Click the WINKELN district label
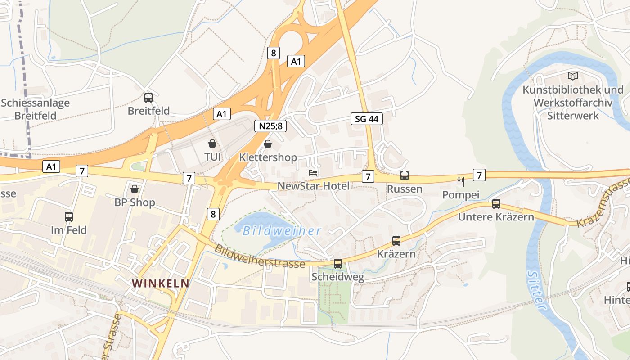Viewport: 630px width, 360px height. click(x=160, y=283)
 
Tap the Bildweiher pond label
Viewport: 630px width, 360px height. click(x=282, y=231)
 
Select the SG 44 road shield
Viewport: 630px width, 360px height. click(x=367, y=119)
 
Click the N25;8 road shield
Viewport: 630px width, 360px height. click(x=270, y=126)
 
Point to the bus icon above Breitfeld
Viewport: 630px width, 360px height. click(x=148, y=97)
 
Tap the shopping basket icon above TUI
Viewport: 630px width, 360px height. click(x=212, y=144)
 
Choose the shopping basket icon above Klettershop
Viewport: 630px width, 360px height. click(x=268, y=144)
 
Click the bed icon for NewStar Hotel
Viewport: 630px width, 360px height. click(x=313, y=173)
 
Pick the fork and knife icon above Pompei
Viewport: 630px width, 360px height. click(x=460, y=182)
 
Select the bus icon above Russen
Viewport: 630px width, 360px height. click(x=405, y=175)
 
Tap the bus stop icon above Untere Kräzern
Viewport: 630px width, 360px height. click(x=496, y=204)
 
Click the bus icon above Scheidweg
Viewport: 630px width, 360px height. click(x=337, y=264)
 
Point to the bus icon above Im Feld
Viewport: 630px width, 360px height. click(x=68, y=216)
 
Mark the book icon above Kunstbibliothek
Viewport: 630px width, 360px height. click(x=572, y=76)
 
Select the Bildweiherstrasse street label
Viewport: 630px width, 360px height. click(x=260, y=256)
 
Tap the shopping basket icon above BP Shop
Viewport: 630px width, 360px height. click(x=134, y=189)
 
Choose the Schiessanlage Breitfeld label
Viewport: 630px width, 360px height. click(x=36, y=109)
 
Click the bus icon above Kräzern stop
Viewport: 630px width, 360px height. click(x=396, y=241)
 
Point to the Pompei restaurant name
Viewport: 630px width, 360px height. click(x=461, y=195)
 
